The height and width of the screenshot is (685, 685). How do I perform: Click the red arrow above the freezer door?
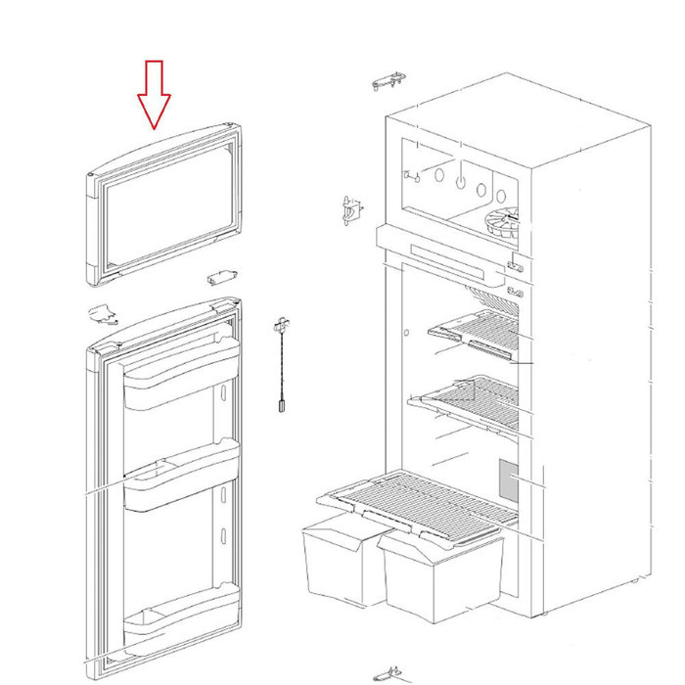[x=154, y=95]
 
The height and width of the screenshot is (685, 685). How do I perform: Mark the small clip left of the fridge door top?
[x=101, y=314]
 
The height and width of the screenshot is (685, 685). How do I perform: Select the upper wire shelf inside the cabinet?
[x=479, y=331]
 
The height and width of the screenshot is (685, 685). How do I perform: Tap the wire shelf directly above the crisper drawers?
[x=421, y=498]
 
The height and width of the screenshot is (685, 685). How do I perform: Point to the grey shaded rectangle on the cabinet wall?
[x=508, y=478]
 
